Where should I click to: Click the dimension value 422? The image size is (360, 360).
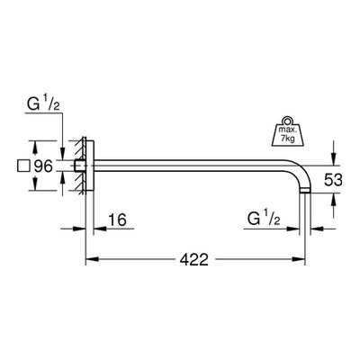click(193, 259)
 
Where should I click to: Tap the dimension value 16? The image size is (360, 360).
click(117, 220)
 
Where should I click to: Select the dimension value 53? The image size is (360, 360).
click(333, 180)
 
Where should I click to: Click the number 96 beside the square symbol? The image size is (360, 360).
click(43, 166)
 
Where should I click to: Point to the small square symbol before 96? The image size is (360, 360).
click(23, 166)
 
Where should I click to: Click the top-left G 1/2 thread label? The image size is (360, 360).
click(43, 103)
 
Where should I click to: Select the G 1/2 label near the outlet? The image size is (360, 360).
click(264, 219)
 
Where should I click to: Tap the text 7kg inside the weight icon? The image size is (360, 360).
click(288, 139)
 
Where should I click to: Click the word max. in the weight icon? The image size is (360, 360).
click(288, 130)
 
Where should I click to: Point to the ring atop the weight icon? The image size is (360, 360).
click(288, 121)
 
